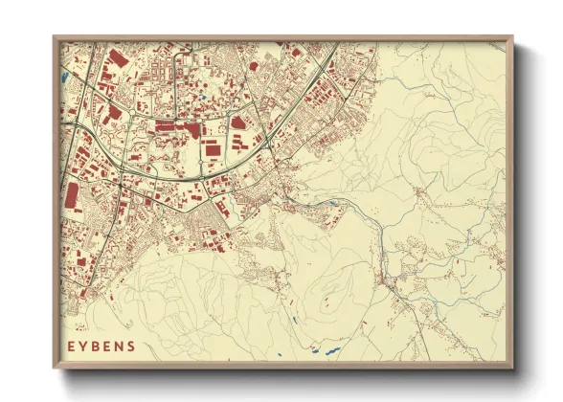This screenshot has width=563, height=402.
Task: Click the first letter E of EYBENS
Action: pos(71,346)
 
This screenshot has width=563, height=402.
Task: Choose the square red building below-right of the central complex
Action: pos(213,147)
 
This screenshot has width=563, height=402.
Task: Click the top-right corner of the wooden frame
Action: pos(513,37)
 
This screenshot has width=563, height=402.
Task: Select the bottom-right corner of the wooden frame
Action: pos(513,368)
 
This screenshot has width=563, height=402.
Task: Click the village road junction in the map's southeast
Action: pos(387,278)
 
